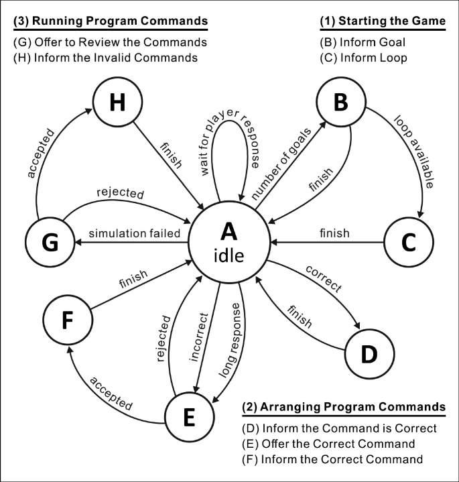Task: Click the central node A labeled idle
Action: tap(229, 241)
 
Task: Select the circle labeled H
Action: tap(118, 103)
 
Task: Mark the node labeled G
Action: tap(49, 242)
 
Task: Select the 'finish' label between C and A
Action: tap(334, 233)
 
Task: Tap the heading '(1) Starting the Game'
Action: tap(382, 21)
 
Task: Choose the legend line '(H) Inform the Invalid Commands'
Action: tap(105, 58)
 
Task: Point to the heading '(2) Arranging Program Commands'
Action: tap(343, 407)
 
